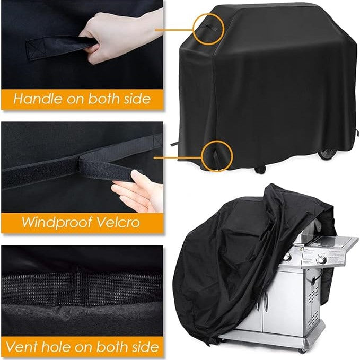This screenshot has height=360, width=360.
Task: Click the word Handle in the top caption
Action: pos(38,99)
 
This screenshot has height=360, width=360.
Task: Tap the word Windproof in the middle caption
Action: pos(57,222)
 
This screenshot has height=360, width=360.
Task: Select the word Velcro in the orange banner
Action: pos(118,222)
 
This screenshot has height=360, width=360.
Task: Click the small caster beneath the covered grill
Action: pos(260,170)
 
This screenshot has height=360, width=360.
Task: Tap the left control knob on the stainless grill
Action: pos(287,257)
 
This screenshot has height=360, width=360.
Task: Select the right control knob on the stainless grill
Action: pos(321,259)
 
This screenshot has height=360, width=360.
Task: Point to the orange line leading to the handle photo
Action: pos(174,30)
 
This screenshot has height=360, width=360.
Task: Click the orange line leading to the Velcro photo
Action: pos(178,157)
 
